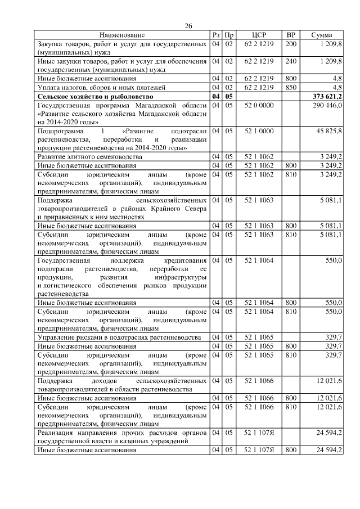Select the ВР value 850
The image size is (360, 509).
(x=291, y=88)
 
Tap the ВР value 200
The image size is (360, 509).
(x=291, y=43)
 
